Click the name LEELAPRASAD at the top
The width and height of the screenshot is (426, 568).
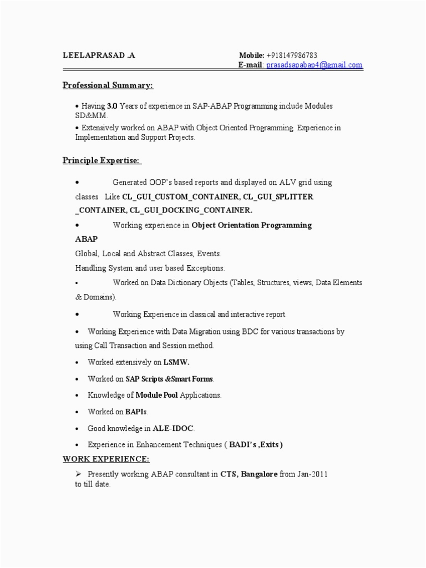[94, 55]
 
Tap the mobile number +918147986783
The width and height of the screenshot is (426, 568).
[292, 55]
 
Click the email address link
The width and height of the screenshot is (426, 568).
[315, 65]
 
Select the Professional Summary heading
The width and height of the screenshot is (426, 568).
[107, 85]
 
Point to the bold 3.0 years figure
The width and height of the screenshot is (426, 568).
[112, 105]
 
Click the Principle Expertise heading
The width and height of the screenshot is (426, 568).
[101, 161]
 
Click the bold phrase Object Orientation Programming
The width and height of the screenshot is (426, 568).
[252, 225]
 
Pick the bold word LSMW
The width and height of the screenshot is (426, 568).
[176, 362]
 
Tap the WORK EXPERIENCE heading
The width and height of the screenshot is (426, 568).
[105, 459]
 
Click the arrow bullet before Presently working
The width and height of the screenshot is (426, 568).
[78, 474]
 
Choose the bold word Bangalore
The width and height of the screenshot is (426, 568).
[259, 474]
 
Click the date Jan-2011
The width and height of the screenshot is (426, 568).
[312, 474]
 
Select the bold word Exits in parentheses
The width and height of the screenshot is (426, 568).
[270, 445]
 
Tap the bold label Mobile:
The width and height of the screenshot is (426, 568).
[251, 55]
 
